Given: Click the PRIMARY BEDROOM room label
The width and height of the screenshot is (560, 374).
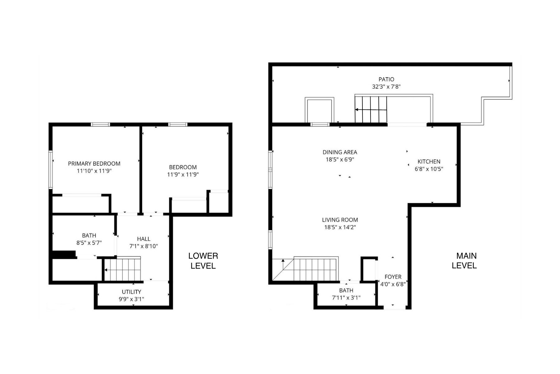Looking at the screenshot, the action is [x=94, y=164].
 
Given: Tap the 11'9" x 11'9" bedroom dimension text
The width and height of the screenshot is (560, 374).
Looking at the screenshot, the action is [x=183, y=175].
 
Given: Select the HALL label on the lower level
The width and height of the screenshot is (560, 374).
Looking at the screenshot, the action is [x=144, y=239].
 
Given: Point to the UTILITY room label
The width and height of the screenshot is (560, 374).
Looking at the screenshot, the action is [x=131, y=292].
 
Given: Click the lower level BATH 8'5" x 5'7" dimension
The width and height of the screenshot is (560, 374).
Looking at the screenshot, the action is [x=89, y=243].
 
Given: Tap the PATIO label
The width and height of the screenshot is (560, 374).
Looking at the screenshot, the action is [x=386, y=79].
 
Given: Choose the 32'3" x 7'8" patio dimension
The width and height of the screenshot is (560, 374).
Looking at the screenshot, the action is [x=386, y=87].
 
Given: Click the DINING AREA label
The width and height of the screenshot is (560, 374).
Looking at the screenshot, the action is [x=340, y=152].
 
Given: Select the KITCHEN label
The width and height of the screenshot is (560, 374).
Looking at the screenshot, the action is [x=429, y=161].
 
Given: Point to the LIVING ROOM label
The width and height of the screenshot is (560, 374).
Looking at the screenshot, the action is [x=340, y=220].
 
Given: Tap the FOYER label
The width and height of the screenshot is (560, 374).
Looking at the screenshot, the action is [x=393, y=277].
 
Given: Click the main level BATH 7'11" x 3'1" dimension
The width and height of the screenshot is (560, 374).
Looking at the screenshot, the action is [x=346, y=298].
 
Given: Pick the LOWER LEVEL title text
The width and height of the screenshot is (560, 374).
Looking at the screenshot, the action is [x=203, y=261].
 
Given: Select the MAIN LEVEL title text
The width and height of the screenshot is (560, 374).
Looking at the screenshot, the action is [x=464, y=261].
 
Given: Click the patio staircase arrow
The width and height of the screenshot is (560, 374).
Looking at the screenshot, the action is [x=371, y=110].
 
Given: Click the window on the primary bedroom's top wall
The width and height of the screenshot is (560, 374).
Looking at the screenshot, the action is [x=100, y=125].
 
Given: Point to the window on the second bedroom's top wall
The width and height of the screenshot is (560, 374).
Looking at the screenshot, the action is [x=178, y=125].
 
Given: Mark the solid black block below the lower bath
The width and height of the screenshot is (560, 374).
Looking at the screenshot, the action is [x=64, y=255].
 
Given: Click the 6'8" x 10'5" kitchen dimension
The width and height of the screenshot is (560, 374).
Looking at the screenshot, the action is [x=429, y=169].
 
